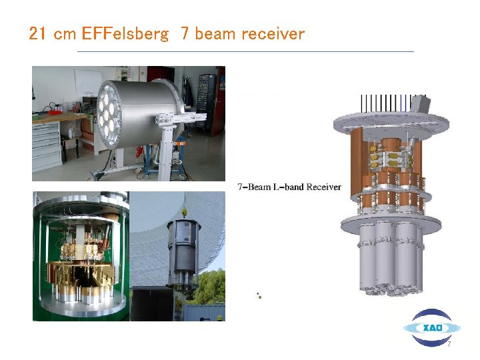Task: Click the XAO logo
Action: click(x=431, y=327)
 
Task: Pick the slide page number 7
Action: click(x=449, y=345)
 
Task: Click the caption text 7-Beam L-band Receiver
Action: click(x=289, y=187)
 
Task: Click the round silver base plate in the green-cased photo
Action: click(x=81, y=307)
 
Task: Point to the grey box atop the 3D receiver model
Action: click(x=419, y=104)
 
